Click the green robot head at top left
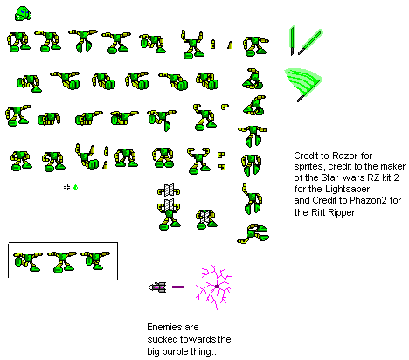pos(23,14)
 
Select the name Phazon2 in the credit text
pos(368,200)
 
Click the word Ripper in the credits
pos(343,212)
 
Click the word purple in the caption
pos(176,352)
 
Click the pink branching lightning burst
pos(214,287)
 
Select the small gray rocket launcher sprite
pos(157,287)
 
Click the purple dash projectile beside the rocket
pos(178,287)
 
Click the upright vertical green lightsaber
pos(292,40)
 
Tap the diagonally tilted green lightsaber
pos(310,42)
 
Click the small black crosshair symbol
pos(66,187)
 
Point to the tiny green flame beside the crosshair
pos(76,187)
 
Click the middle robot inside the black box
pos(62,262)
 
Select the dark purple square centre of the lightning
pos(217,287)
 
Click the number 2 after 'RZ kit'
pos(396,177)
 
